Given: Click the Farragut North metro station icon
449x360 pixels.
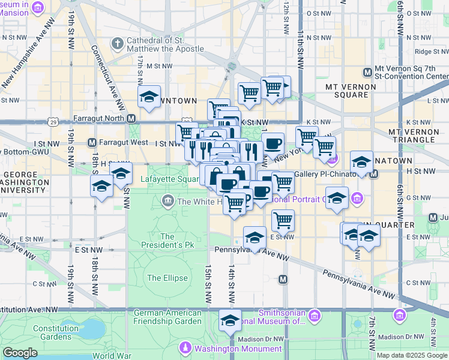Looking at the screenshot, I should (131, 118).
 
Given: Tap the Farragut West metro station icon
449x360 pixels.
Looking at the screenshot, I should (92, 143).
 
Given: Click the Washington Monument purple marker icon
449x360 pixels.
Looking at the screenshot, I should (186, 348).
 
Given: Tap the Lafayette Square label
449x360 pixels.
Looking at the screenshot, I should (169, 179).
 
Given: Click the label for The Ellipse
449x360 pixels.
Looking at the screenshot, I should (163, 278).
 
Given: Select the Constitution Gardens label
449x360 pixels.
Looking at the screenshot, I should (56, 332).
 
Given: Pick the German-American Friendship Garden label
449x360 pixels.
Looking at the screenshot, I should (167, 317).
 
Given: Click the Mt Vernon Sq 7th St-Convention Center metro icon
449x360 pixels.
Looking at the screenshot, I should (367, 73).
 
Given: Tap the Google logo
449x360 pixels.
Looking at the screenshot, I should (20, 353).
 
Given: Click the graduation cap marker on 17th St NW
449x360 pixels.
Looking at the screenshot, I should (149, 97).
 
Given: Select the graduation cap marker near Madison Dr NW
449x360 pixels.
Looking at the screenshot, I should (229, 321).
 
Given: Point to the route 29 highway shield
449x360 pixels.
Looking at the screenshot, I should (53, 122).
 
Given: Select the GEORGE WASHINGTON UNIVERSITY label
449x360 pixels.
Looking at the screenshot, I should (24, 182).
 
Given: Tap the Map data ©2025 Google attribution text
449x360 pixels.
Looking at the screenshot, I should (412, 355).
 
